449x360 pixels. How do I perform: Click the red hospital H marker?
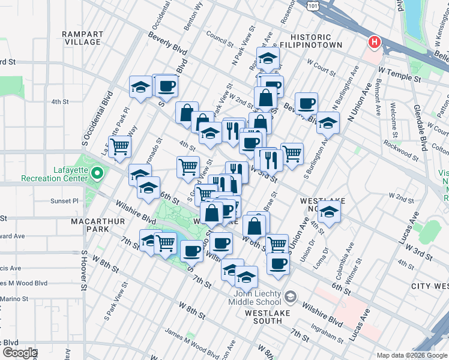pos(375,43)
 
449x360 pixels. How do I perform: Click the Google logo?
pos(19,353)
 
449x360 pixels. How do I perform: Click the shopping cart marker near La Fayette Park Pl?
pos(120,145)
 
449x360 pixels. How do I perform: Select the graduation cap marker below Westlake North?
pos(328,211)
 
